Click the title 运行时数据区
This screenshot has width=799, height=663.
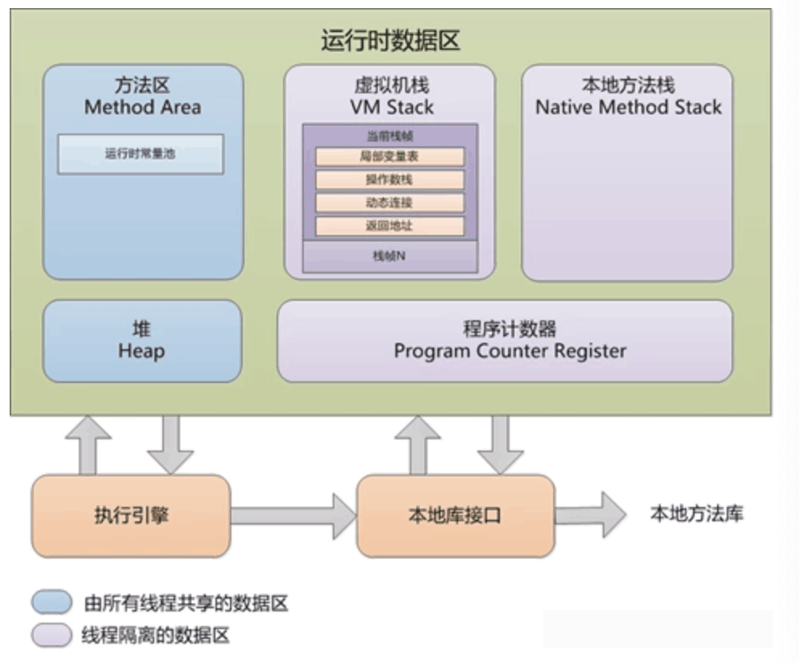tap(391, 40)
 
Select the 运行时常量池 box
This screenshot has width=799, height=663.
tap(140, 154)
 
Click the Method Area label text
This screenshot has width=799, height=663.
tap(142, 107)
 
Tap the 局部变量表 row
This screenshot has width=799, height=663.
tap(390, 157)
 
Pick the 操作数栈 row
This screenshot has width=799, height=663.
tap(390, 180)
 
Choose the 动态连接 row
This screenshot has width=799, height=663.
tap(390, 203)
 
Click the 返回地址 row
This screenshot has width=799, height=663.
tap(390, 226)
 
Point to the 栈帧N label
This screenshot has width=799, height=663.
tap(390, 257)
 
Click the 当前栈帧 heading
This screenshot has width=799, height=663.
tap(390, 136)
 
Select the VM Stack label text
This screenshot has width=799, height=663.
tap(391, 107)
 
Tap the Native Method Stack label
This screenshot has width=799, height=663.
tap(628, 107)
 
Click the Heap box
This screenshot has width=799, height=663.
tap(141, 341)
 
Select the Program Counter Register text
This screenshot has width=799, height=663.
tap(510, 351)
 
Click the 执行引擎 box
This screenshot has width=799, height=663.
tap(131, 516)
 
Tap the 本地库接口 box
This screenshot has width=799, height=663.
tap(455, 516)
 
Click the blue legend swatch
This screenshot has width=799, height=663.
tap(52, 603)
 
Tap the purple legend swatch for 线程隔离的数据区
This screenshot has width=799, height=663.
tap(52, 635)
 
